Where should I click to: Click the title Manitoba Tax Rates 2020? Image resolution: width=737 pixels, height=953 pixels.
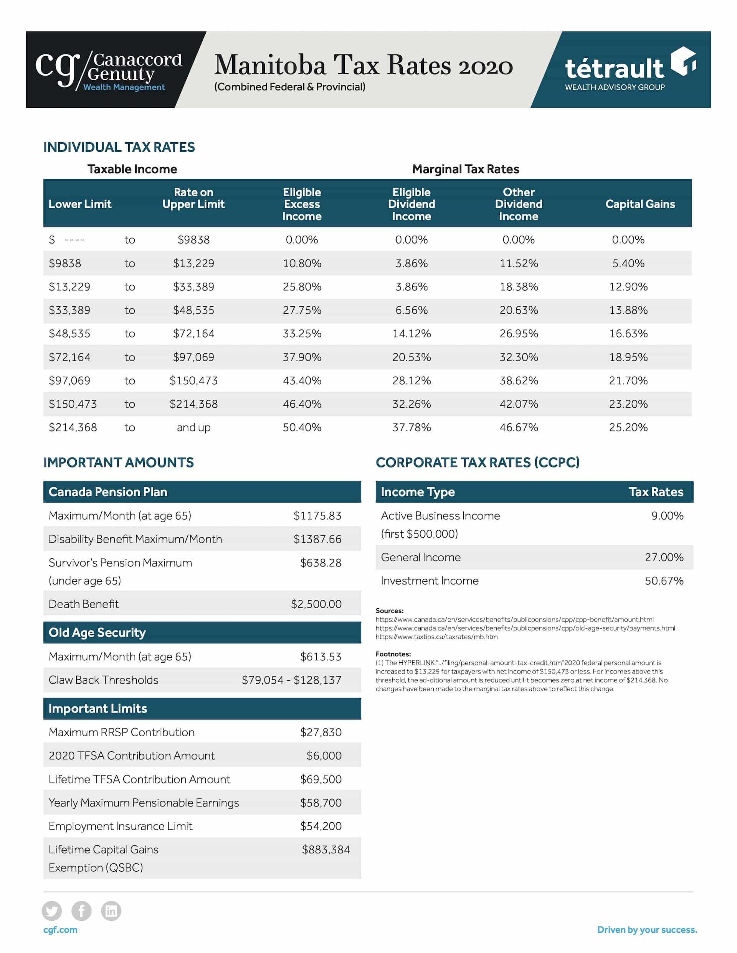(363, 65)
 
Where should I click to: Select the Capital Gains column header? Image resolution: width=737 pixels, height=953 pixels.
(640, 204)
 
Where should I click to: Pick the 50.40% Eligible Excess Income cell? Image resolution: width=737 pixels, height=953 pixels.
(302, 427)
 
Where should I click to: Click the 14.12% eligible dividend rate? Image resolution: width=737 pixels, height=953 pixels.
(411, 333)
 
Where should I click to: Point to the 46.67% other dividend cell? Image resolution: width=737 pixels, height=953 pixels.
(518, 427)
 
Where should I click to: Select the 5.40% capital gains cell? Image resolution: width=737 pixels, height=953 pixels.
(628, 263)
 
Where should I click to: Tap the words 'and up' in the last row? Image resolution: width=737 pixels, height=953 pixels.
(193, 427)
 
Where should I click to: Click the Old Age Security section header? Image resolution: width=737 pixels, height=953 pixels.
(97, 632)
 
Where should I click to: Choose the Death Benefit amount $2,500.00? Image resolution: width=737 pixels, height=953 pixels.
(316, 604)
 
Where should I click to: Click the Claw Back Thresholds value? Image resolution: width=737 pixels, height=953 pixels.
(291, 680)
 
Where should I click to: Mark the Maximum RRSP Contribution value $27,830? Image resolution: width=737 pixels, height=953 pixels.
(320, 732)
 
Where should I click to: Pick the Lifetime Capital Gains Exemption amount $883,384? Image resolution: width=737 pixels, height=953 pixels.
(326, 849)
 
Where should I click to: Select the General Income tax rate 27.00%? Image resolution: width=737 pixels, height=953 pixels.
(664, 557)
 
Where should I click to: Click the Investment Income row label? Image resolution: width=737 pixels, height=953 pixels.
(430, 580)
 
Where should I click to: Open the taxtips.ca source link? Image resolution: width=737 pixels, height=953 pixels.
(436, 637)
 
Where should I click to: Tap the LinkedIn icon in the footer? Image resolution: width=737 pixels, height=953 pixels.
(111, 911)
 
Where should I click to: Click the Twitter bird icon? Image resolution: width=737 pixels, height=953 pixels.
(51, 911)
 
